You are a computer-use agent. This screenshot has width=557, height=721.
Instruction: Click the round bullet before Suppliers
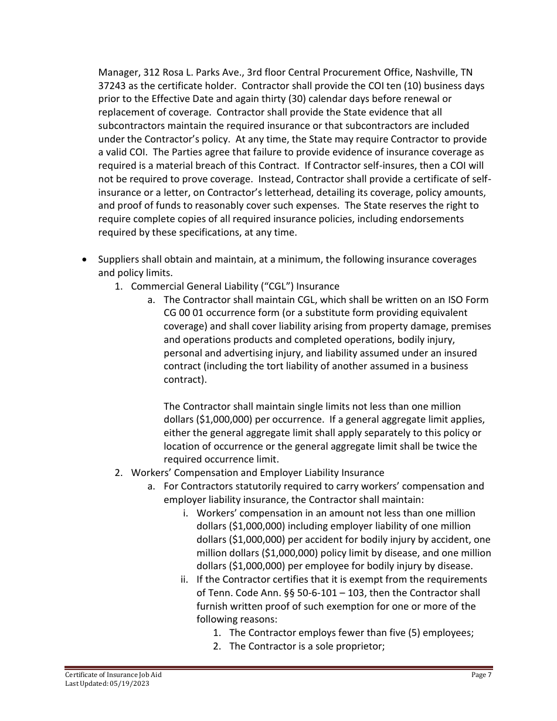(87, 259)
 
